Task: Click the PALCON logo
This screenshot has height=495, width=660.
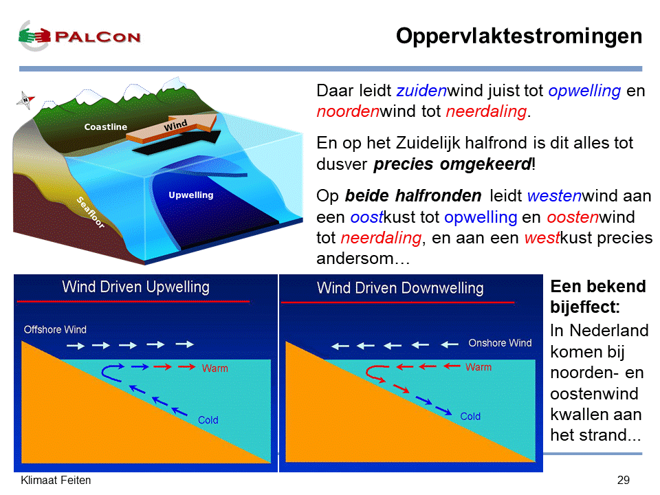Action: pos(80,36)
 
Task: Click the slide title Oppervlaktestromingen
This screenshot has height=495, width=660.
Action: pos(519,36)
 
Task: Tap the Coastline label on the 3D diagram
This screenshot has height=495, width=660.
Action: pos(106,126)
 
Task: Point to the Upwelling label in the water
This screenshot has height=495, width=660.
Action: pos(191,195)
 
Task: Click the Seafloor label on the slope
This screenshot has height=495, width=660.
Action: pos(91,212)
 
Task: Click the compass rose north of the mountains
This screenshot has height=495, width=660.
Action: pos(25,100)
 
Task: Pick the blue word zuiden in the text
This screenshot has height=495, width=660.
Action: pos(421,91)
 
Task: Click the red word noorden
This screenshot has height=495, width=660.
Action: pos(348,111)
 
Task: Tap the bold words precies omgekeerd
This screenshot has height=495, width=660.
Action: pos(452,164)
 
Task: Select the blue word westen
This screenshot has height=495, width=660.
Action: pos(554,196)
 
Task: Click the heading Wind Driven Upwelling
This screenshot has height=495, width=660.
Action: pos(136,287)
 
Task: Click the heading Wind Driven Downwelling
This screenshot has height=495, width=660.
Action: pos(400,288)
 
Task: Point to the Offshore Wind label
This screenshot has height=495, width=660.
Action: pos(55,329)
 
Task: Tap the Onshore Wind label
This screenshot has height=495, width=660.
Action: pos(500,343)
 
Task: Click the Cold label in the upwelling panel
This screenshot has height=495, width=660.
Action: pos(208,420)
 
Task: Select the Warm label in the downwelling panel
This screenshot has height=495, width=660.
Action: pos(478,367)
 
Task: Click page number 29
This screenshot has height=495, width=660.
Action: pos(624,481)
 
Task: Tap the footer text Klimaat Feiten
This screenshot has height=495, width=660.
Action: pos(56,481)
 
